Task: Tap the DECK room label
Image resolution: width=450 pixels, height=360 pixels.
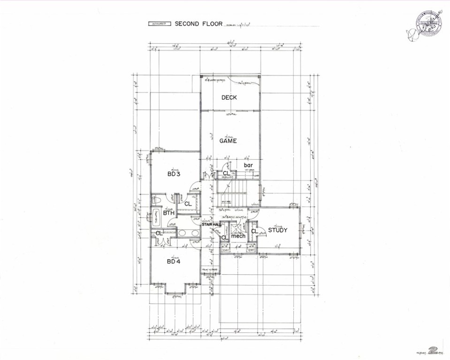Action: point(229,97)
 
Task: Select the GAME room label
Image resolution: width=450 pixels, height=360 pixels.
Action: point(228,141)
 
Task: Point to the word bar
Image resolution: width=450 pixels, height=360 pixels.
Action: point(248,165)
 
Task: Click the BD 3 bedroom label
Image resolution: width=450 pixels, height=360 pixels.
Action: point(174,174)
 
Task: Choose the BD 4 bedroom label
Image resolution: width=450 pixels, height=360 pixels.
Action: point(174,261)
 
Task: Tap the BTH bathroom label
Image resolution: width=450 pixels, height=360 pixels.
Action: point(168,213)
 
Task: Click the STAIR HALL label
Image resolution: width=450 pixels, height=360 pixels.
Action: point(211,225)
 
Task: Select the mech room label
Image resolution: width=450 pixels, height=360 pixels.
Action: point(238,236)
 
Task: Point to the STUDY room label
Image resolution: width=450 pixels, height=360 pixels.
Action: point(277,230)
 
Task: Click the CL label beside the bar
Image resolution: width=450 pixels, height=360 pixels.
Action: point(226,173)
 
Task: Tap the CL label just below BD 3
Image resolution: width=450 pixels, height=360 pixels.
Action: point(187,204)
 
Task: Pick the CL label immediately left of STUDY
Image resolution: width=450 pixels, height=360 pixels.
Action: point(254,231)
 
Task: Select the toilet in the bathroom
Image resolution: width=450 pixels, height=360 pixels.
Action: point(158,201)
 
